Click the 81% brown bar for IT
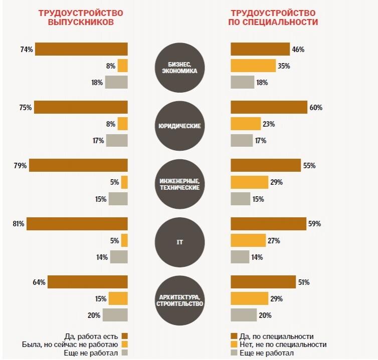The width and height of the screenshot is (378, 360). point(77,224)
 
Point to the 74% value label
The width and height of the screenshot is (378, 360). point(27,50)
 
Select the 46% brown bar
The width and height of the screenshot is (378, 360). point(260,50)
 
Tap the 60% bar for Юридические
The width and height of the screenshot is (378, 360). point(269,108)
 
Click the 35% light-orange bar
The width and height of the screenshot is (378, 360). point(253,66)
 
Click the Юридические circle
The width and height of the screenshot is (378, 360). point(179,125)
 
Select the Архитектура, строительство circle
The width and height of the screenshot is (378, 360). point(179,300)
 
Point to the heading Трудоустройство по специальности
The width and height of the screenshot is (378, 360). point(274,18)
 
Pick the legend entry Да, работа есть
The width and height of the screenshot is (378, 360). point(93,336)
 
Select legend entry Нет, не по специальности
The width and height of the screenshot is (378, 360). point(283,344)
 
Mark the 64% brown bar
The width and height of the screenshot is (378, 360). point(88,282)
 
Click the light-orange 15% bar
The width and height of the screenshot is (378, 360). point(118,299)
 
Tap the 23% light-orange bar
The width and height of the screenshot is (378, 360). point(246,124)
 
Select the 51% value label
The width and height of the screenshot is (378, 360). point(303,282)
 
